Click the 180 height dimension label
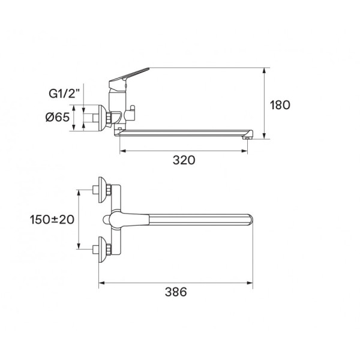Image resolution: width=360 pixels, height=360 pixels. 280,105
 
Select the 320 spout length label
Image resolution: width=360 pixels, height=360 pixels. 184,160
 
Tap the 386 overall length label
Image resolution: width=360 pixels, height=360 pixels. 176,292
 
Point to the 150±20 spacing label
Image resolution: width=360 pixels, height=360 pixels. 52,220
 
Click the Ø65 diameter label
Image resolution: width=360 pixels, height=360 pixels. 58,118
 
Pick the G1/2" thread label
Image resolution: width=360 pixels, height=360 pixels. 64,94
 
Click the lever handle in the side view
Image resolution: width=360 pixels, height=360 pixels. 128,75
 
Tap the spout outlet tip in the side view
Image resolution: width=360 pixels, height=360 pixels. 247,137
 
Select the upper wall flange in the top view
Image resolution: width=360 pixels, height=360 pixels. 102,190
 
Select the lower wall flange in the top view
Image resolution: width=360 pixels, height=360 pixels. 102,250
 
